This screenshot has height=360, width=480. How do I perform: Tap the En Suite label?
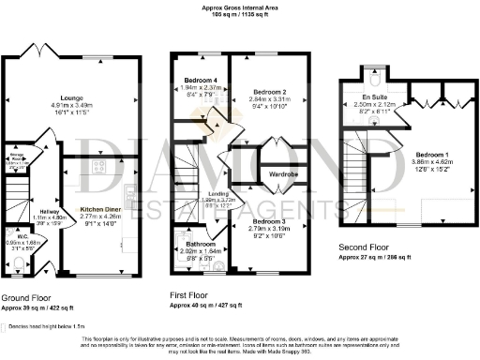click(x=374, y=97)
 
